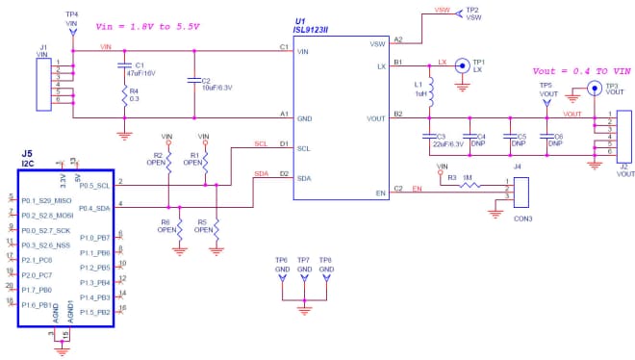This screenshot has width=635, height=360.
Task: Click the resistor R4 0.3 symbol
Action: [x=123, y=96]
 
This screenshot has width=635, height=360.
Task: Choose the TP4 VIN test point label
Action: [x=71, y=19]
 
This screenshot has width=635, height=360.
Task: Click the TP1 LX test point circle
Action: [x=463, y=65]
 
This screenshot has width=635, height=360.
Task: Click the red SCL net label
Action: [x=260, y=144]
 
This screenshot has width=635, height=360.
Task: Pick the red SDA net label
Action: [x=260, y=173]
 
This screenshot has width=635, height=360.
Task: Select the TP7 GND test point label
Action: [x=304, y=265]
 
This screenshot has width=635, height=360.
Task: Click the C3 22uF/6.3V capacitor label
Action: [x=445, y=141]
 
